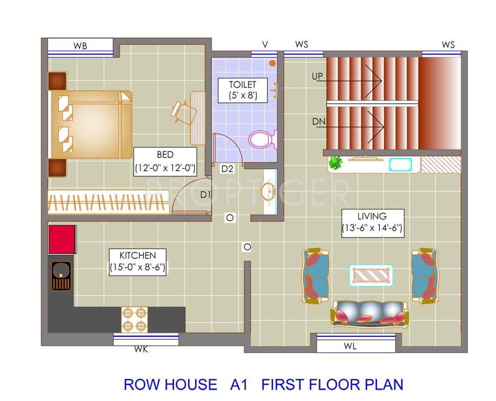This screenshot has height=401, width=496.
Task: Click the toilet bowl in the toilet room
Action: click(262, 139)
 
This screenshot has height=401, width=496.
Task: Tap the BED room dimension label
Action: click(165, 161)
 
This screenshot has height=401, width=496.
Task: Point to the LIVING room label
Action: click(372, 222)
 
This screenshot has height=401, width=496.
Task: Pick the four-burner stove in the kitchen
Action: click(135, 319)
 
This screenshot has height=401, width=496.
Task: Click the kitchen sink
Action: click(61, 276)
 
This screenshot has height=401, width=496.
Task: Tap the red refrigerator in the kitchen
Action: click(62, 239)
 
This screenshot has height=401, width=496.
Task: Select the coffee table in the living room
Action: click(371, 275)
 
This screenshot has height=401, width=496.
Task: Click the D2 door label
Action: click(227, 169)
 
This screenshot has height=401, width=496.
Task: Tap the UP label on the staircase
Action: click(317, 76)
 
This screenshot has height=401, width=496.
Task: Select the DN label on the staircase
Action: click(318, 121)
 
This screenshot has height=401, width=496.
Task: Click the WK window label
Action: click(141, 350)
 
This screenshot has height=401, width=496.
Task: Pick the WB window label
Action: click(80, 46)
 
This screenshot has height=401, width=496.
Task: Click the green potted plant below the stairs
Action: click(335, 163)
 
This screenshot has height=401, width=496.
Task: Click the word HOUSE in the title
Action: click(191, 385)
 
